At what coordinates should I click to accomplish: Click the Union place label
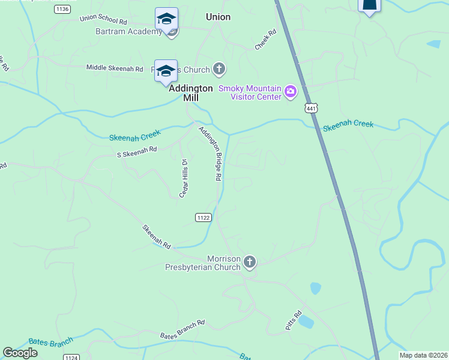click(218, 17)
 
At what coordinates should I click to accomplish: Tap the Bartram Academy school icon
click(166, 19)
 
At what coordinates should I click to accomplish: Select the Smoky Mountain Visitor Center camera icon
click(291, 92)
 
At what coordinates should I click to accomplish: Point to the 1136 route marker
click(62, 8)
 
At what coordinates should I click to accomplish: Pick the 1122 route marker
click(203, 217)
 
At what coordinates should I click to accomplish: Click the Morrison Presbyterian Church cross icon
click(249, 262)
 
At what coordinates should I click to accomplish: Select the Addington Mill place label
click(191, 92)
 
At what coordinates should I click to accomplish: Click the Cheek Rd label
click(265, 39)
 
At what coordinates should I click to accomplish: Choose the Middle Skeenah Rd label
click(115, 68)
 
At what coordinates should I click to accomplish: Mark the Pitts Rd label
click(293, 320)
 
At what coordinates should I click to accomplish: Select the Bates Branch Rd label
click(182, 329)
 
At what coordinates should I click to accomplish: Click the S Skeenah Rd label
click(136, 153)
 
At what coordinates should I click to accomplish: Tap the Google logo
click(20, 353)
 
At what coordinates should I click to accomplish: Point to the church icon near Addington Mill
click(219, 70)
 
